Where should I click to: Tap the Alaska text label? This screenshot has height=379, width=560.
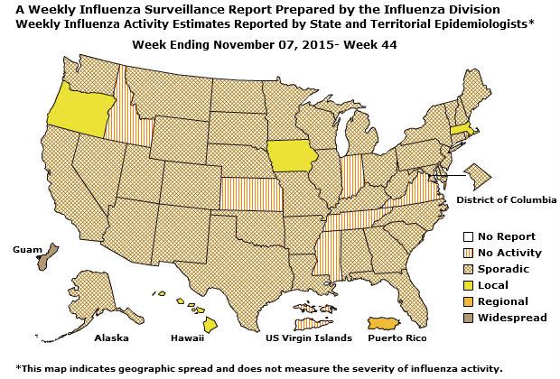[x=113, y=338]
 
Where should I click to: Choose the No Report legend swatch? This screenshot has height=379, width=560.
[x=460, y=236]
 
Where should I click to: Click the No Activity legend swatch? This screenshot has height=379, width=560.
[x=460, y=253]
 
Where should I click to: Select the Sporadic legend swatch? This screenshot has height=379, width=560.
[x=460, y=269]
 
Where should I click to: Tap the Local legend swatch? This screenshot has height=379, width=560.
[x=460, y=285]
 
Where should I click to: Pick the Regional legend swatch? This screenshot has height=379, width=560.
[x=460, y=301]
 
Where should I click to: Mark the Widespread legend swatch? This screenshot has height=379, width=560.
[x=460, y=318]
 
